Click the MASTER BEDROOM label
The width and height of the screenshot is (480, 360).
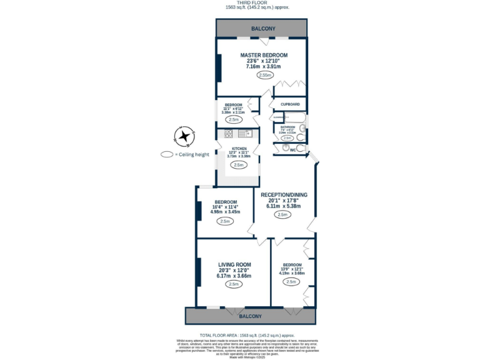click(x=264, y=55)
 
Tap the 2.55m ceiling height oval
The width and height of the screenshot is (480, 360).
click(x=264, y=75)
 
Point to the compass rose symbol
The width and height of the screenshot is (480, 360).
click(x=184, y=135)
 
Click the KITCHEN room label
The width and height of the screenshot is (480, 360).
click(x=237, y=149)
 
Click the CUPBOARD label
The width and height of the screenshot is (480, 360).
click(x=290, y=104)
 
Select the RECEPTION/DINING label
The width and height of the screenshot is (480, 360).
click(x=284, y=194)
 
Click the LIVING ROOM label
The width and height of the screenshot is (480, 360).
click(x=234, y=264)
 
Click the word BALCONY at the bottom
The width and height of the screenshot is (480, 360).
click(x=251, y=316)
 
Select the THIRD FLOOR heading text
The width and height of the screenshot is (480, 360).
click(x=257, y=3)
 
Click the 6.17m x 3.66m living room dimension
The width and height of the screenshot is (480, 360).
click(x=234, y=276)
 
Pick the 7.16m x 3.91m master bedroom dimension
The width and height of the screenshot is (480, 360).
click(x=263, y=66)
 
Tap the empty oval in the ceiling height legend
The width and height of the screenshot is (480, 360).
click(x=167, y=154)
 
